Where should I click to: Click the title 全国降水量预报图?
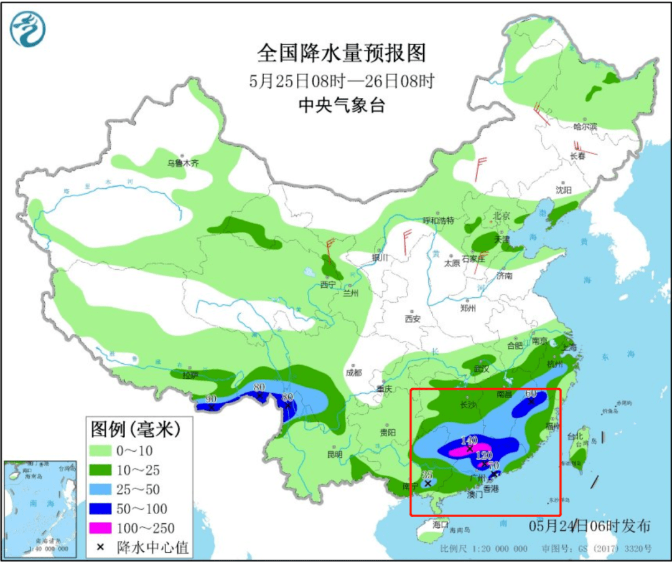(342, 54)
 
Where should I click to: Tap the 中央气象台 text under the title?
(342, 105)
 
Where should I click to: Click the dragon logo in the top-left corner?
(27, 29)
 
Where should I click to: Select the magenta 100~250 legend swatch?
(101, 528)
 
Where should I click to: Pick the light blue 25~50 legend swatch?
(101, 489)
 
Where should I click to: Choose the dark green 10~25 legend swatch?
(101, 470)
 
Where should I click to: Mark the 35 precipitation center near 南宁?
(427, 475)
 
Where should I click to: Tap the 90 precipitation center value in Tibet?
(211, 399)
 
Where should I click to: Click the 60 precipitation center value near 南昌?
(531, 394)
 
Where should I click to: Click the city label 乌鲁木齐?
(182, 164)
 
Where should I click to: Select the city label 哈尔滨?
(585, 126)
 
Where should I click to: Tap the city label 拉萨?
(190, 375)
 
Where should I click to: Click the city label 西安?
(413, 318)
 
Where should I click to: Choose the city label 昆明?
(334, 454)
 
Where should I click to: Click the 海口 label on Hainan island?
(441, 525)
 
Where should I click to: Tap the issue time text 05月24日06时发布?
(590, 526)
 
